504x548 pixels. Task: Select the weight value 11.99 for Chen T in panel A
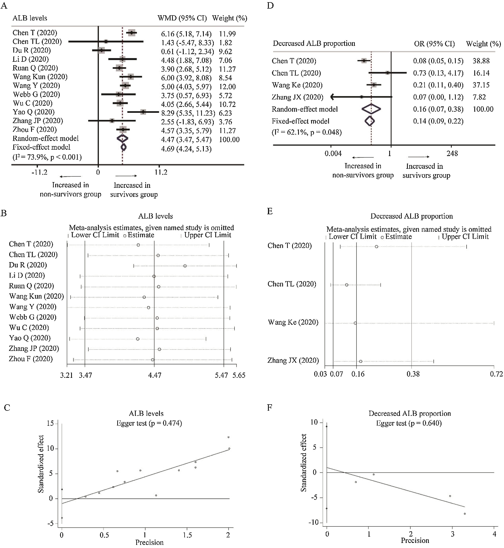click(x=227, y=34)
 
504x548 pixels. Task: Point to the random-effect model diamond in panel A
click(x=122, y=138)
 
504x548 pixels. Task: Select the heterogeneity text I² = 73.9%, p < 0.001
click(x=47, y=157)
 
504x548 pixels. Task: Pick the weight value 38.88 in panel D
click(x=481, y=61)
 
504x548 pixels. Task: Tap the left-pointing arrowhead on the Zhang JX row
click(x=332, y=97)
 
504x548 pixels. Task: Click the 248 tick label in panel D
click(x=452, y=153)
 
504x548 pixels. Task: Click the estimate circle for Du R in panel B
click(x=185, y=266)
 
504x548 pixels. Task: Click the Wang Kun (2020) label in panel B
click(x=36, y=296)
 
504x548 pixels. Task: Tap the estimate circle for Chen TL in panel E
click(x=347, y=285)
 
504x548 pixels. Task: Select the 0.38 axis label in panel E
click(x=413, y=374)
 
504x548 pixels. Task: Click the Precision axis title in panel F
click(x=415, y=540)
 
